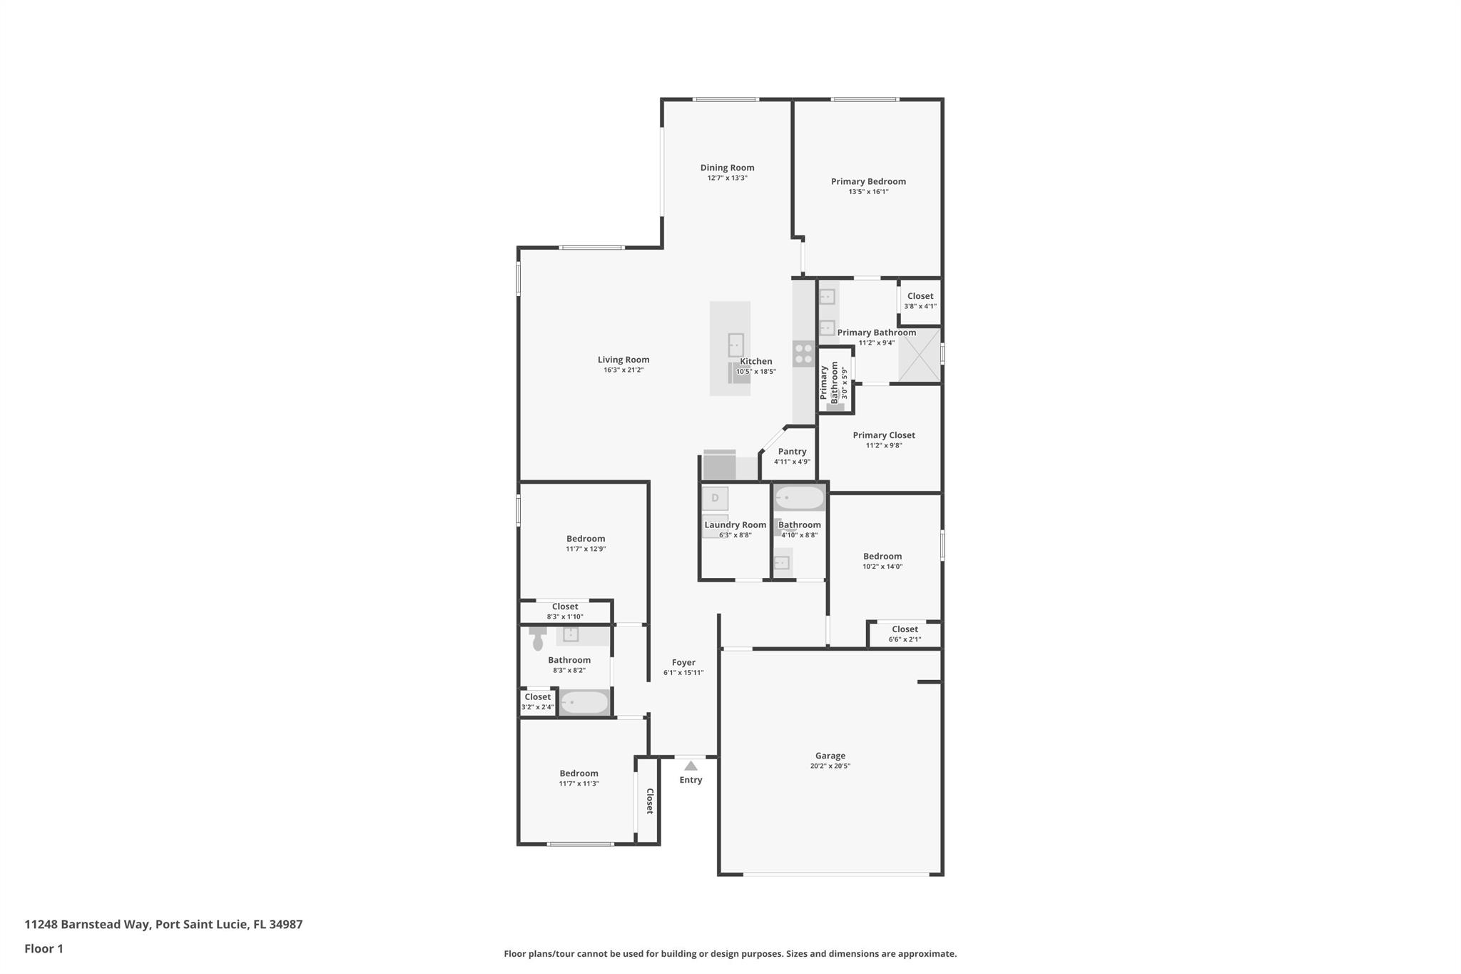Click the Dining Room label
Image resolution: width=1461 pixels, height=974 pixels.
coord(727,168)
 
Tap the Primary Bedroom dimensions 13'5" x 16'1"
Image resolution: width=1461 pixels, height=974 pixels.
coord(868,192)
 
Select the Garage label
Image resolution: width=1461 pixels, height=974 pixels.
coord(830,756)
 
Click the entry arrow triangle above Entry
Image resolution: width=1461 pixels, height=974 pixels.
coord(691,766)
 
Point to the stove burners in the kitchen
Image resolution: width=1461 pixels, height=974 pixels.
coord(803,353)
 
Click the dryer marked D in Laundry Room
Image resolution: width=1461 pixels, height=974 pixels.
coord(715,498)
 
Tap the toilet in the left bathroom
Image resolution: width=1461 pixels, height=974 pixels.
coord(538,641)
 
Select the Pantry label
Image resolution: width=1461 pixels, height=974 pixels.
coord(792,452)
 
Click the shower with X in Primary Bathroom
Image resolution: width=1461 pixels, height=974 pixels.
coord(919,355)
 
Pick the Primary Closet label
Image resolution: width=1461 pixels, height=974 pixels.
coord(884,435)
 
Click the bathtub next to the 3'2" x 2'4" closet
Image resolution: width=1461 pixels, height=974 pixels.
coord(584,703)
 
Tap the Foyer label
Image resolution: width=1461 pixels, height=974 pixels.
coord(683,662)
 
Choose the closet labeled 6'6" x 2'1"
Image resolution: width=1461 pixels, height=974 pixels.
coord(905,634)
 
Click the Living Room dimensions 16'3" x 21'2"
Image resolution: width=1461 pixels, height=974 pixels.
coord(623,370)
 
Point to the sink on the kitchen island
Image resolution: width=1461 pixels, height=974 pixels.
coord(735,345)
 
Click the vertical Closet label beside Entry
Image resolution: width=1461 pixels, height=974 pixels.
coord(649,801)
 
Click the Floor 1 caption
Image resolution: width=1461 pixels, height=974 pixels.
coord(44,948)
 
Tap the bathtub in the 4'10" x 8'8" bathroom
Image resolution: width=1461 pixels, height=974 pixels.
coord(800,497)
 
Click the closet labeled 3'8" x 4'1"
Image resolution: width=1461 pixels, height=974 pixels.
coord(920,300)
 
